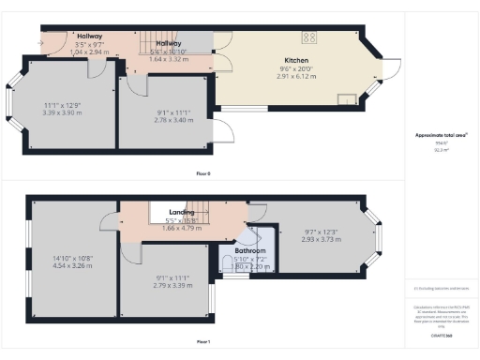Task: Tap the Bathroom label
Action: pos(249,251)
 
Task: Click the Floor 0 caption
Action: pos(202,173)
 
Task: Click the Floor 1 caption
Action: pos(202,342)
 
